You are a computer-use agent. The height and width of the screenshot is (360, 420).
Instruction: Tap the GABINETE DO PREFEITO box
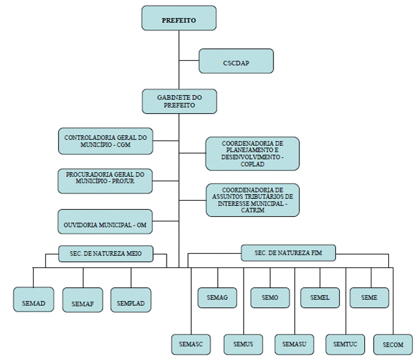click(179, 101)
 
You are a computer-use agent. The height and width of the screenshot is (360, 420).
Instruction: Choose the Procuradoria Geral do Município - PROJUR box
click(106, 180)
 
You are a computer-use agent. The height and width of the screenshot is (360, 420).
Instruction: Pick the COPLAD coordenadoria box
click(252, 153)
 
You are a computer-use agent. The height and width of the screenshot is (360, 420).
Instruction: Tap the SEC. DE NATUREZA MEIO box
click(106, 254)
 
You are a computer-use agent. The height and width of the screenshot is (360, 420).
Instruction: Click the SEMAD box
click(34, 300)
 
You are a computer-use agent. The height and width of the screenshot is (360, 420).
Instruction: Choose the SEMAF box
click(83, 300)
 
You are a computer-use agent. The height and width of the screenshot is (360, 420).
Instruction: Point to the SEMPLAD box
click(131, 300)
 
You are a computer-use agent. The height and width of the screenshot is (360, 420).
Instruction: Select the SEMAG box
click(217, 297)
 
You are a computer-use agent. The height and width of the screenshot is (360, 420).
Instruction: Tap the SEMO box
click(270, 297)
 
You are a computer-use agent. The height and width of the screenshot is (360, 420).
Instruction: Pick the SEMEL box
click(320, 297)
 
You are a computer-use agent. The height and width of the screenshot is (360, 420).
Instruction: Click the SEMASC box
click(191, 342)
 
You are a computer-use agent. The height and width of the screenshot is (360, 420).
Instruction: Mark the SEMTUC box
click(345, 342)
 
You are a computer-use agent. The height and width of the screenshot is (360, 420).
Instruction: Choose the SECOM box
click(393, 343)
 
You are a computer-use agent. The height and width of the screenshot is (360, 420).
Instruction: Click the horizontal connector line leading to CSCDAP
click(189, 61)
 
